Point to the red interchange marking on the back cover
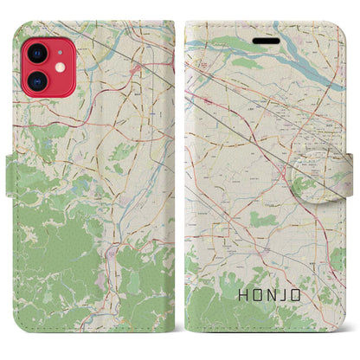[137, 67]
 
